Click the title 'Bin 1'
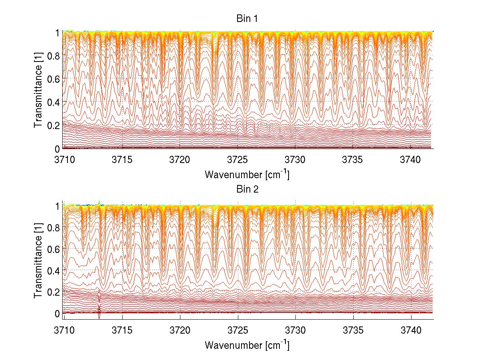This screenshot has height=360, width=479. coord(248,18)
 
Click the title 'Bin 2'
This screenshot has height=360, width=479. coord(248,189)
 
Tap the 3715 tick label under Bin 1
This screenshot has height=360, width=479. coord(122,160)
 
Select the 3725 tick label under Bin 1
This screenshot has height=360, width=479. coord(238,160)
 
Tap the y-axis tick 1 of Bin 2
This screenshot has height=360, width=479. coord(57,205)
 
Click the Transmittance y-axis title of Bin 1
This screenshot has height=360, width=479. coord(38,90)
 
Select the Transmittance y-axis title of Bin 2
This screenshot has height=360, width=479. coord(38,261)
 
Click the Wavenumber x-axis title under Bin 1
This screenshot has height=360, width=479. coord(247,174)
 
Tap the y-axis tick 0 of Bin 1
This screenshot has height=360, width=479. coord(57,149)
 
